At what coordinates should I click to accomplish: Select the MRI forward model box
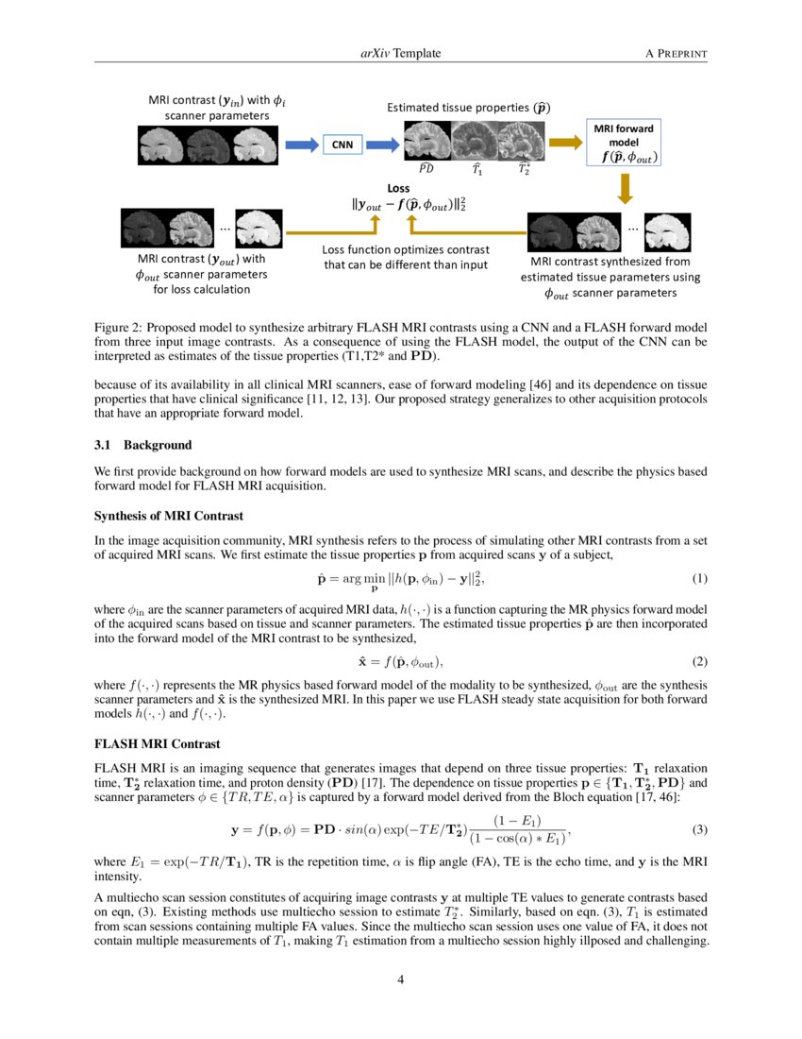pos(624,142)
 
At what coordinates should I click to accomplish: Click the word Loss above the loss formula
pos(398,188)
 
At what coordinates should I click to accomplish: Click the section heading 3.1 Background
pos(142,445)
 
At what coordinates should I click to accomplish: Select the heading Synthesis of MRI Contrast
pos(169,516)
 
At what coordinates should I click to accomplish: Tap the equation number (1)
pos(699,578)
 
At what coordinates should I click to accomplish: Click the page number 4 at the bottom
pos(400,979)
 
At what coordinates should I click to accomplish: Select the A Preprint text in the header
pos(676,54)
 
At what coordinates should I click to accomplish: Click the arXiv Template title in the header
pos(400,54)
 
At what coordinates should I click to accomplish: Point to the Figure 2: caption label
pos(122,327)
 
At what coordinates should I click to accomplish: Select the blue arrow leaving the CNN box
pos(383,144)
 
